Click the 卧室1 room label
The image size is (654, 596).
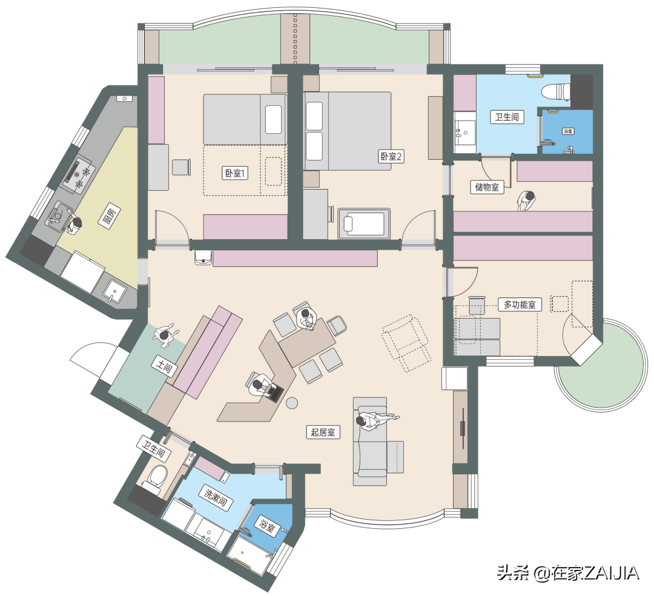tap(234, 173)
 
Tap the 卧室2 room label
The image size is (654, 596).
tap(391, 156)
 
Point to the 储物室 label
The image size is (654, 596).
tap(487, 187)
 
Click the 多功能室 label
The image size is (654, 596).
tap(520, 305)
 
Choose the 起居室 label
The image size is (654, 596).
tap(323, 432)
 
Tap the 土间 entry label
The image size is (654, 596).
tap(164, 366)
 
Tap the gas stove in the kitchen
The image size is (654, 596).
tap(79, 175)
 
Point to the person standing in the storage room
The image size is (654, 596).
tap(526, 201)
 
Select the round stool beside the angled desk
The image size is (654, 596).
tap(292, 403)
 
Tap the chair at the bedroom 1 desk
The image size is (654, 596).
tap(182, 167)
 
